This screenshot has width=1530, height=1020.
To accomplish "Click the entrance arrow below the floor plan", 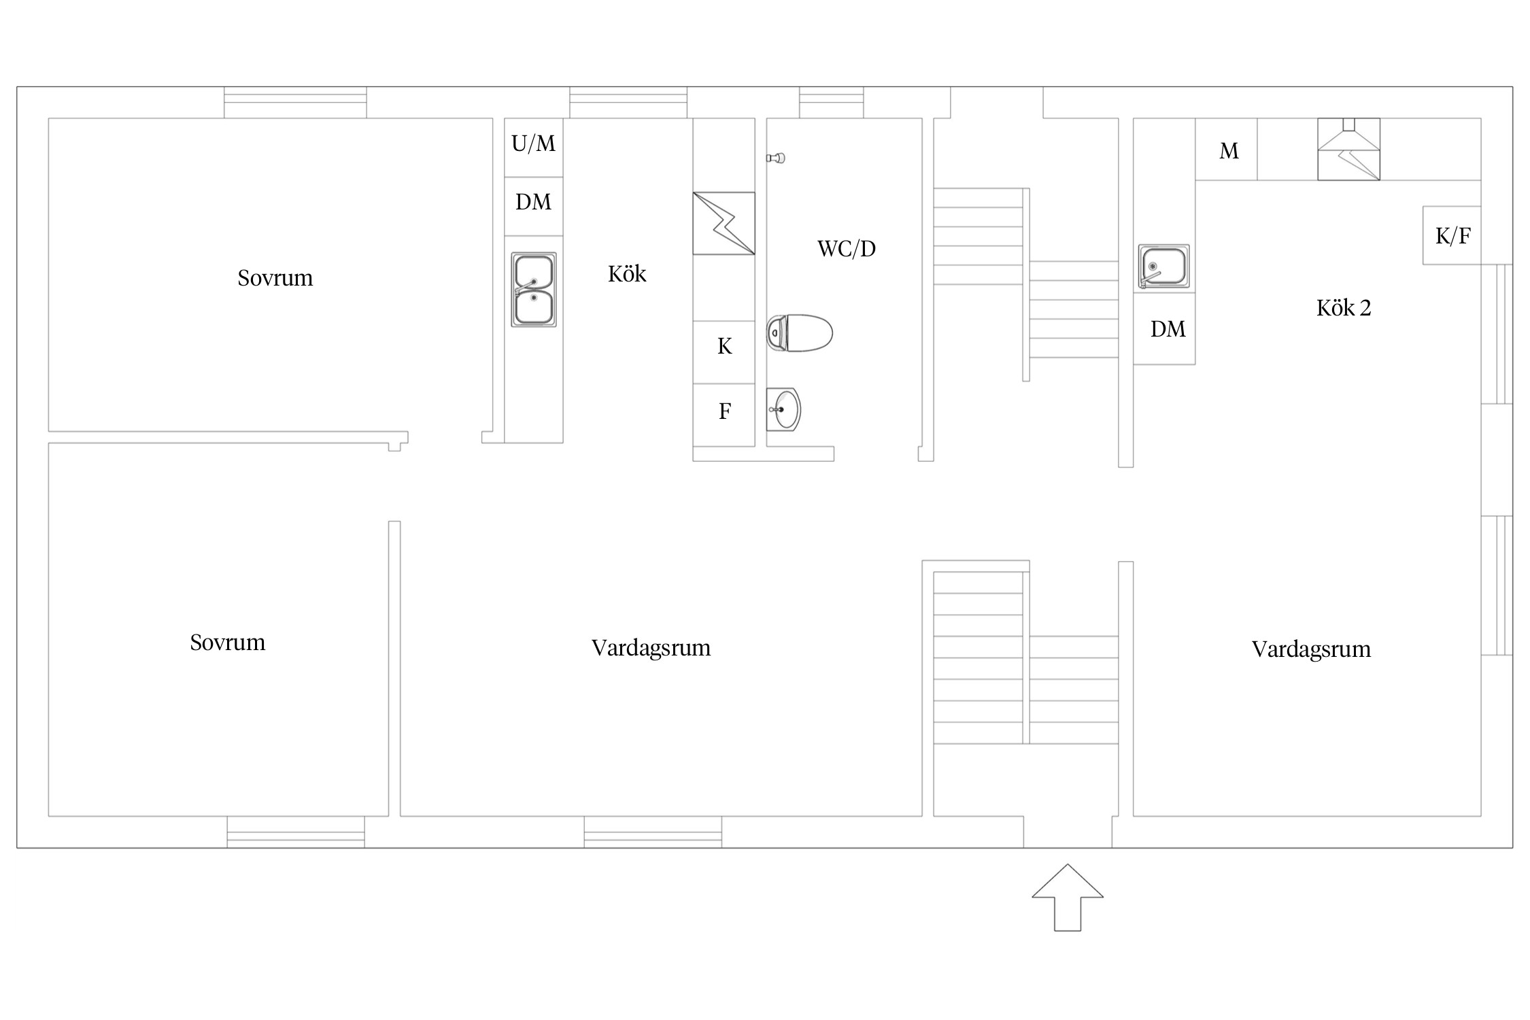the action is coord(1068,897).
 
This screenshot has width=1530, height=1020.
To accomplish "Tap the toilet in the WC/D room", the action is coord(800,333).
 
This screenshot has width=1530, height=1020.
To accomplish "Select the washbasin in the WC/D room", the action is coord(783,409).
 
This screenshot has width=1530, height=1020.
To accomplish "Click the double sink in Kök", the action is coord(534,290).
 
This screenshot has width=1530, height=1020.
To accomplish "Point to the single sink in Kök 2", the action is coord(1164,266).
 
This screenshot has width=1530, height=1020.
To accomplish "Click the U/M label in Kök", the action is coord(533,143).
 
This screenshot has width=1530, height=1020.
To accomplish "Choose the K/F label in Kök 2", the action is coord(1452,236).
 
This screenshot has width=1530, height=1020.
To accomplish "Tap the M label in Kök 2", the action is coord(1229,151).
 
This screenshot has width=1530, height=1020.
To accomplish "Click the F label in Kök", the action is coord(725,411).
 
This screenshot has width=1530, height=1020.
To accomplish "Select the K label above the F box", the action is coord(725,347).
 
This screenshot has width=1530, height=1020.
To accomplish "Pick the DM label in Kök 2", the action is coord(1168,329).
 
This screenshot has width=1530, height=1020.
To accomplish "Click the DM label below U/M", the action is coord(533,202).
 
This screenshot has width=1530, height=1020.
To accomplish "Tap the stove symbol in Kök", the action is coord(724,223).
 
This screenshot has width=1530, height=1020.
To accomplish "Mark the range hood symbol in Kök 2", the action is coord(1348,149).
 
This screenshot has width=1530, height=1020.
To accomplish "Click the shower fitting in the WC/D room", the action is coord(776,158).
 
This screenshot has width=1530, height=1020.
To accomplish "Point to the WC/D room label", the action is coord(847,249).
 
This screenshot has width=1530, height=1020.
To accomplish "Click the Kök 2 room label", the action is coord(1344,308).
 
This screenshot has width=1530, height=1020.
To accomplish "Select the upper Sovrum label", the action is coord(275,278).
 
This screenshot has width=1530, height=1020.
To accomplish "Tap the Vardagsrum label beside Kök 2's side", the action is coord(1311,650).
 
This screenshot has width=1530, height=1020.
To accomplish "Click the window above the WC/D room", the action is coord(832,103).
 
